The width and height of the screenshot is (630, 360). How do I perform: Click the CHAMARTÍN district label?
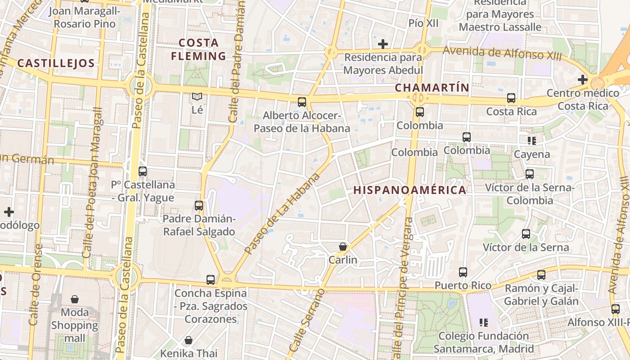point(432,88)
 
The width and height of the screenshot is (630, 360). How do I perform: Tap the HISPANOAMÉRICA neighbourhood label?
point(409,190)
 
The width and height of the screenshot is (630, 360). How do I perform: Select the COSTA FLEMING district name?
point(198,49)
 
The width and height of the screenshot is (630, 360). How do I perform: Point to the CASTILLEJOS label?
point(56,63)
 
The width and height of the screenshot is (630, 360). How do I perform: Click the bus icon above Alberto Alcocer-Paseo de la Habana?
point(301,102)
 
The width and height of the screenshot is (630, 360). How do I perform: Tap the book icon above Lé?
point(197,96)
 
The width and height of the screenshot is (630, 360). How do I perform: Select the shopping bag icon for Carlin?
point(343,247)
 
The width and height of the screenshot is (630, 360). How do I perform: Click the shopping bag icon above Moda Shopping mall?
point(75,299)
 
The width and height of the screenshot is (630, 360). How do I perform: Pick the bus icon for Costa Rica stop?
point(511,98)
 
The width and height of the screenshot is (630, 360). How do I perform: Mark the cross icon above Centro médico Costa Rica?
point(583,80)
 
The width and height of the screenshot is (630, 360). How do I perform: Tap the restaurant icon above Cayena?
point(532,141)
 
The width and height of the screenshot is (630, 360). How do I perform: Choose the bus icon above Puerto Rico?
point(463,272)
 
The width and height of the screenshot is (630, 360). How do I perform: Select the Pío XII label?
point(423,23)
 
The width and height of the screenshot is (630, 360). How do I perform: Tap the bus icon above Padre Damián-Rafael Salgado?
point(199,206)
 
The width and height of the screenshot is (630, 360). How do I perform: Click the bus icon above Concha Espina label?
point(211,280)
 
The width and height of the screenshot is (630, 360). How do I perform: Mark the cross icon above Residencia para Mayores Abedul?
point(383,44)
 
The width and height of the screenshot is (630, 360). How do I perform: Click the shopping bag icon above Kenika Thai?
point(189,340)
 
